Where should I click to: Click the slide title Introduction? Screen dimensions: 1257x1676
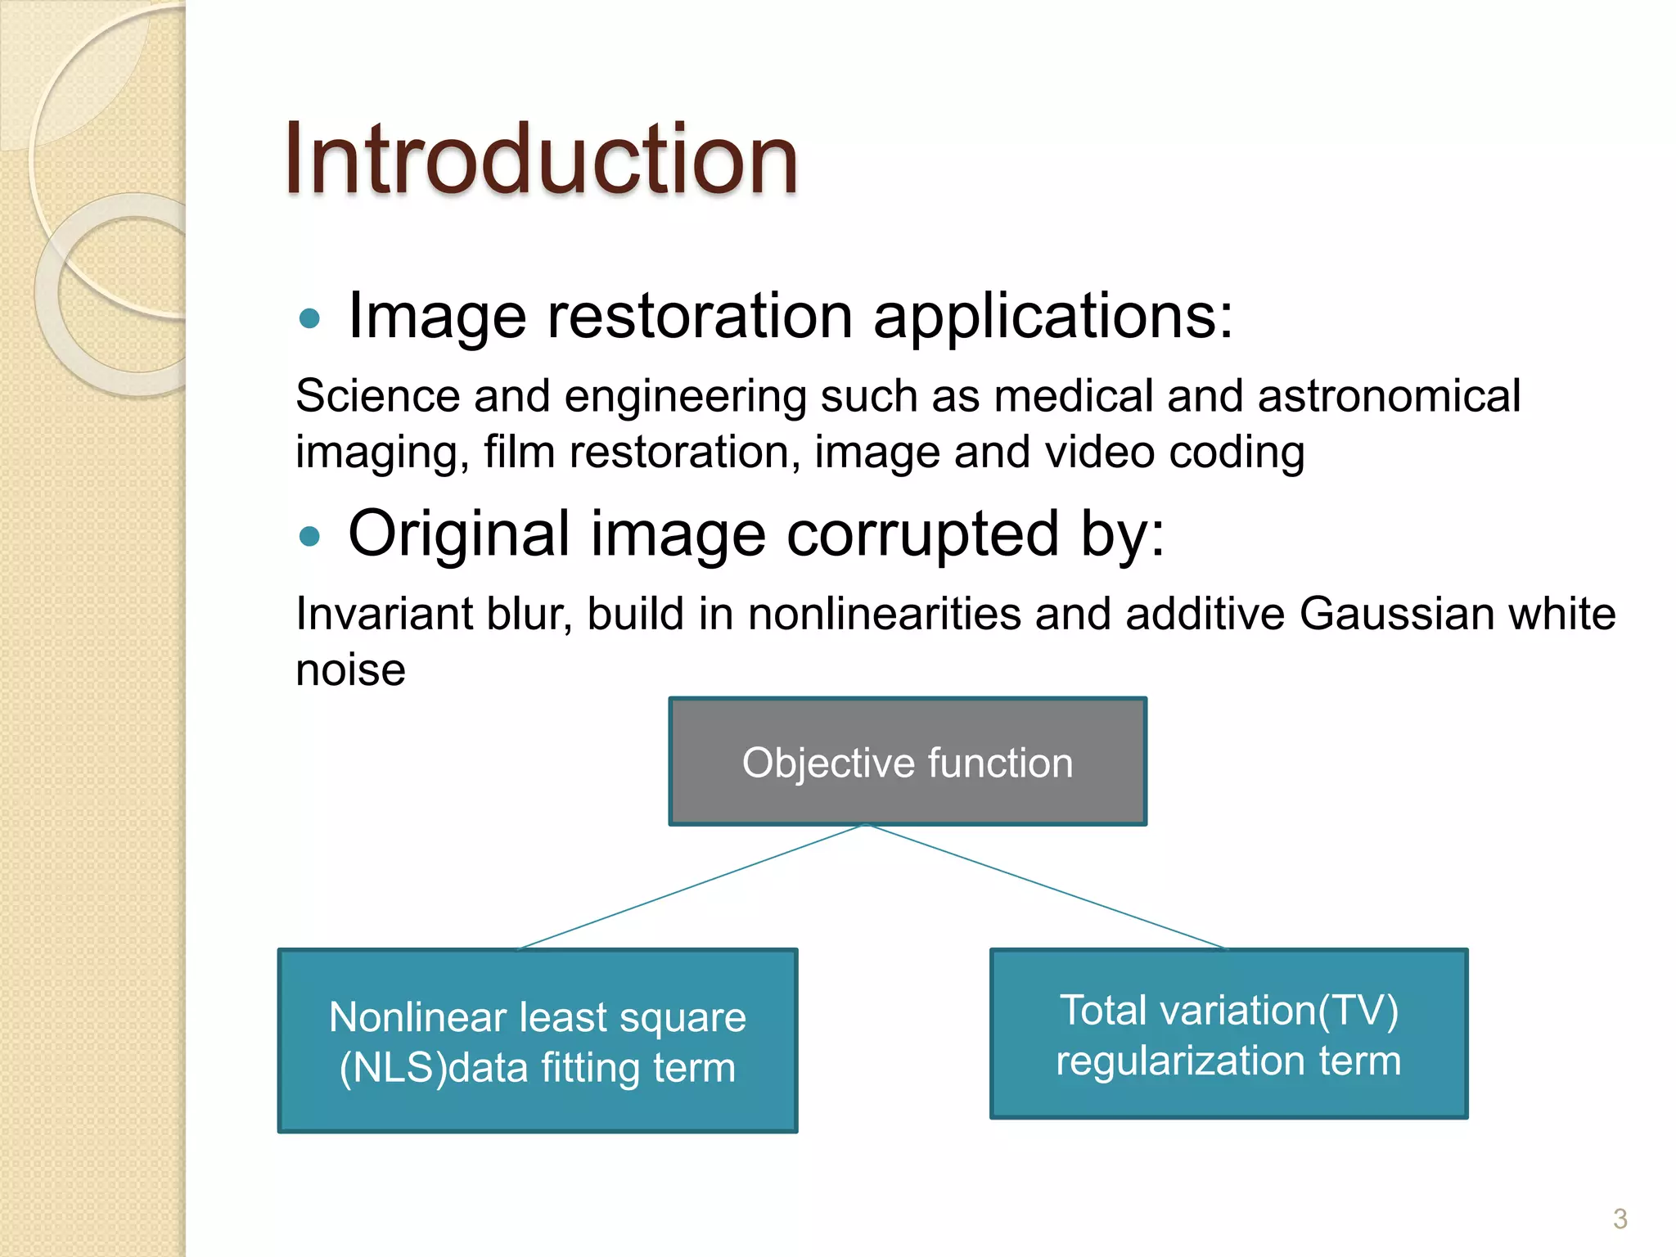tap(540, 159)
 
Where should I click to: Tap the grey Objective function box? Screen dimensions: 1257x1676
tap(907, 762)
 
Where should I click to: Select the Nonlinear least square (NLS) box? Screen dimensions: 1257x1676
tap(537, 1041)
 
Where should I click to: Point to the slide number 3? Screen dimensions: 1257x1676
tap(1620, 1219)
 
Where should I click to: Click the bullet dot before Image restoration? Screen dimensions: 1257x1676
tap(309, 318)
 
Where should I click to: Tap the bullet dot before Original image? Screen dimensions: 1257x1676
tap(309, 536)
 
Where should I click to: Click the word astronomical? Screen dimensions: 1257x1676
tap(1389, 396)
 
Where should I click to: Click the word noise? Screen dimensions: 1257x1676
tap(350, 670)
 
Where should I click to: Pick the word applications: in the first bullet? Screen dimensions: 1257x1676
tap(1052, 316)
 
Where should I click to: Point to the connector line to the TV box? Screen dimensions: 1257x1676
tap(1047, 887)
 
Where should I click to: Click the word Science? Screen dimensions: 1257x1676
tap(377, 396)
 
